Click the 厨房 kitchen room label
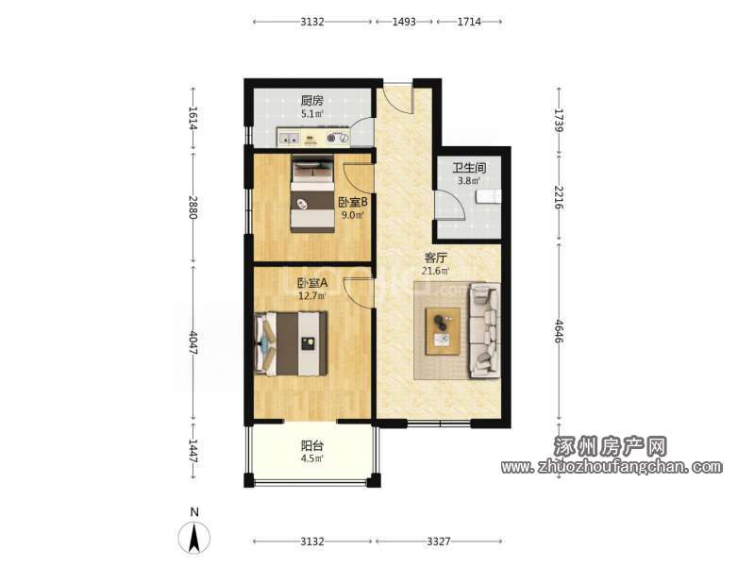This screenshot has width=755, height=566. point(312,101)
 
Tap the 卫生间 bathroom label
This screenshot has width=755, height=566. point(469,168)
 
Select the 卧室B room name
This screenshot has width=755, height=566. point(352,202)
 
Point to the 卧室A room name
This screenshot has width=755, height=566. point(312,282)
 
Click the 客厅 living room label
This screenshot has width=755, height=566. point(435,258)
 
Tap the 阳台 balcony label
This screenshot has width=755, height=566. point(312,445)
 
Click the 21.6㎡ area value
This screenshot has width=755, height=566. point(435,271)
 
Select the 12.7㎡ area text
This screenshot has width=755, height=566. point(312,296)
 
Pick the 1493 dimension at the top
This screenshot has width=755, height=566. point(404,22)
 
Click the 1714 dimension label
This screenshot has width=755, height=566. point(469,22)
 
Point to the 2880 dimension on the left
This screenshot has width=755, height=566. point(193,207)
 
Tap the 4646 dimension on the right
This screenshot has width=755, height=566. point(559,331)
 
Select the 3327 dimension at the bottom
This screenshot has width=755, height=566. point(439,541)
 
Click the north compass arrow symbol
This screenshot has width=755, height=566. point(194,538)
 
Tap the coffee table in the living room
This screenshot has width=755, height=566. point(443,332)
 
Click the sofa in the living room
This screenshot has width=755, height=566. point(483,330)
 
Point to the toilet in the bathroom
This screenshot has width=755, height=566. point(488,196)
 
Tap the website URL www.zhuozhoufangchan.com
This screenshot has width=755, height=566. point(612,466)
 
